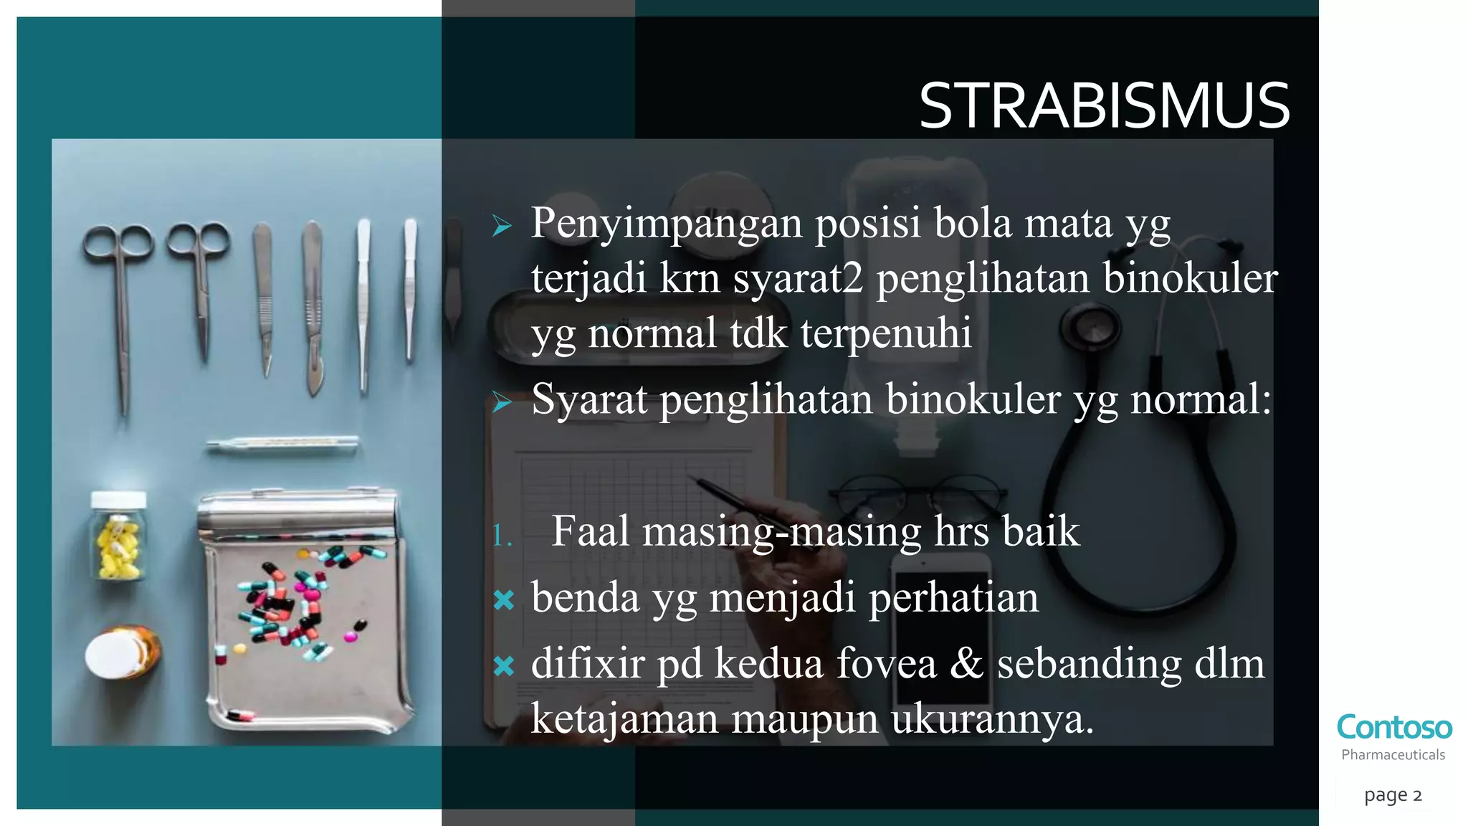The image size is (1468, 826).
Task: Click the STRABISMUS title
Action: pyautogui.click(x=1104, y=106)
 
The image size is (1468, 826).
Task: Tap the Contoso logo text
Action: pyautogui.click(x=1393, y=727)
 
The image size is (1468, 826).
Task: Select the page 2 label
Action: pyautogui.click(x=1392, y=794)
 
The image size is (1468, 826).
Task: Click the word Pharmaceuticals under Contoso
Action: pyautogui.click(x=1393, y=755)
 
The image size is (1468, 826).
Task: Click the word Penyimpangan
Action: pyautogui.click(x=666, y=224)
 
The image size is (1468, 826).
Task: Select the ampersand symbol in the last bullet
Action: pyautogui.click(x=966, y=663)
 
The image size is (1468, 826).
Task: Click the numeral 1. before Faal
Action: pyautogui.click(x=502, y=535)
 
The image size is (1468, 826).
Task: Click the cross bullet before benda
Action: pyautogui.click(x=504, y=600)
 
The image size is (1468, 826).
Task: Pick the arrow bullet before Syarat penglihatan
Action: pyautogui.click(x=502, y=403)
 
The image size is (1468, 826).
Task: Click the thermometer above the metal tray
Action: pyautogui.click(x=282, y=445)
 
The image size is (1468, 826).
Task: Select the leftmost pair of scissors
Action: pyautogui.click(x=120, y=301)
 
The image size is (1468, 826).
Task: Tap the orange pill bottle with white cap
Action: pyautogui.click(x=123, y=652)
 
